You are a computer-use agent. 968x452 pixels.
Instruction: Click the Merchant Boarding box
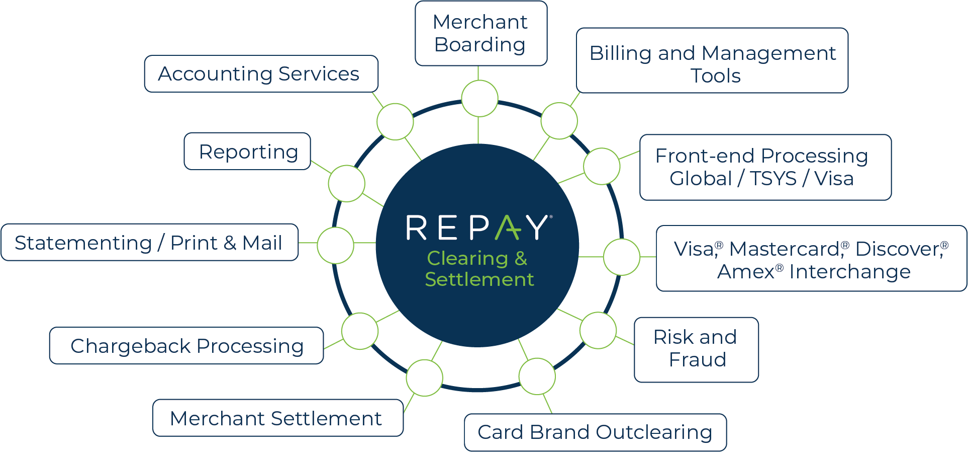click(480, 33)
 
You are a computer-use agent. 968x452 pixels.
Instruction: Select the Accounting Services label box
click(261, 74)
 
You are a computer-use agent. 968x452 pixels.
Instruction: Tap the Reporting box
click(247, 152)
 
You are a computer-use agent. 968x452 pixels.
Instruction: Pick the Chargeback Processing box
click(186, 346)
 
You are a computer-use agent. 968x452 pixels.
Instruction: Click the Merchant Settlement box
click(277, 418)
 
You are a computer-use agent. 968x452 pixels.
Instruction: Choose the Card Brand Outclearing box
click(595, 432)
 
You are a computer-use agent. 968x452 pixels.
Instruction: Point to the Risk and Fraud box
click(696, 350)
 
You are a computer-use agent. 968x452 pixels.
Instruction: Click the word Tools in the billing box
click(715, 76)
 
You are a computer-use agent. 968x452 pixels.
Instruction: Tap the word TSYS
click(773, 179)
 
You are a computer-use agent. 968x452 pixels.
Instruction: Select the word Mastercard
click(785, 249)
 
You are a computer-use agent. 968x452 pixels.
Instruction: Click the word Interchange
click(849, 272)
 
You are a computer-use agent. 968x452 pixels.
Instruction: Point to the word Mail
click(262, 243)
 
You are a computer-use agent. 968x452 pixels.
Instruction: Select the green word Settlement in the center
click(479, 279)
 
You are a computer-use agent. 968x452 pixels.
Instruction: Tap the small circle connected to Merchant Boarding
click(479, 99)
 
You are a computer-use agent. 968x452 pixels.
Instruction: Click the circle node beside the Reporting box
click(346, 183)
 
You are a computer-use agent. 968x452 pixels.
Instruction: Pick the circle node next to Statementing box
click(335, 245)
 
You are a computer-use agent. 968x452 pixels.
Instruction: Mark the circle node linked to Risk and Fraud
click(598, 331)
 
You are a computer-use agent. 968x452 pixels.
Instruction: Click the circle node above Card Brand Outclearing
click(537, 376)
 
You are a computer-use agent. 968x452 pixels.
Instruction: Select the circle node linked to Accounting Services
click(395, 121)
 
